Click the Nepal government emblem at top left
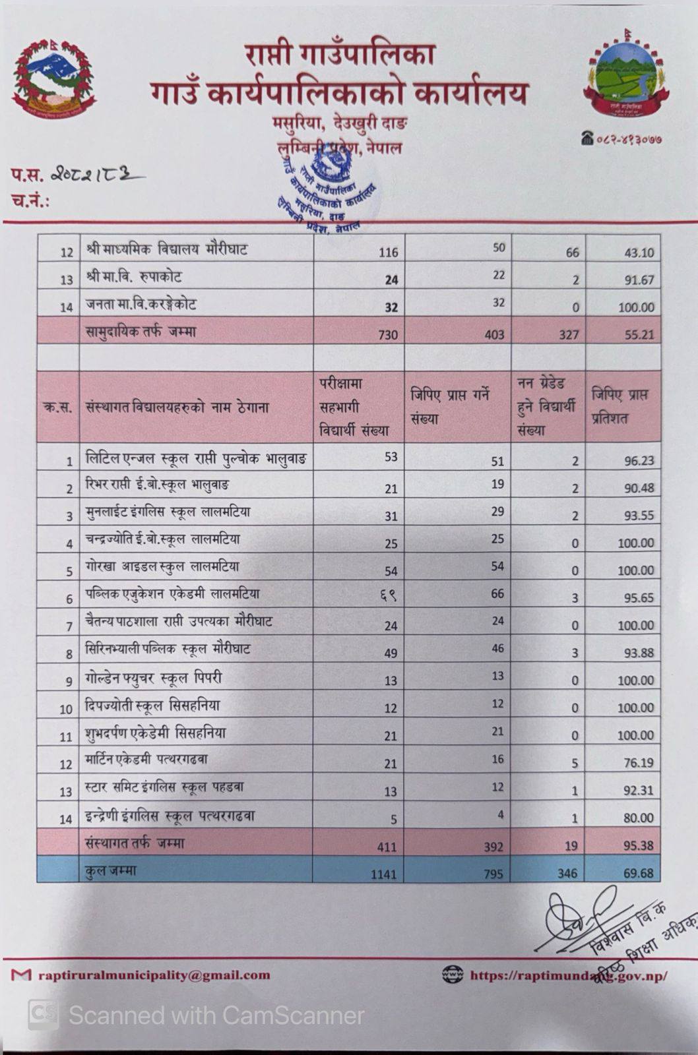click(55, 78)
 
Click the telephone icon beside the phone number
click(587, 138)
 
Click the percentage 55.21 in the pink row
click(639, 335)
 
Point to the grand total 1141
click(383, 874)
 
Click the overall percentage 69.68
click(639, 873)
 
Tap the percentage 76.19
click(639, 763)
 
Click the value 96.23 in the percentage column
click(639, 461)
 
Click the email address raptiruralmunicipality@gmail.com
click(154, 975)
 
